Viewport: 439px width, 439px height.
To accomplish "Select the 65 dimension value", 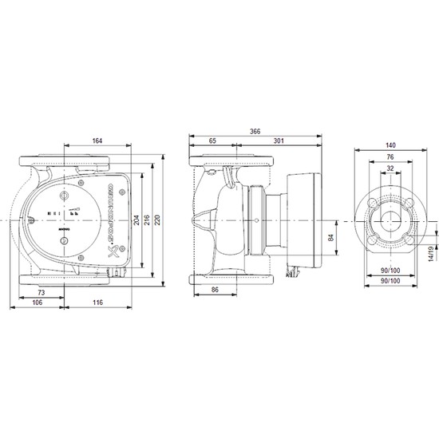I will (212, 142).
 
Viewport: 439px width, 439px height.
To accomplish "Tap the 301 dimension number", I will (279, 142).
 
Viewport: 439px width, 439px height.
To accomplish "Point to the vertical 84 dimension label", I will (330, 237).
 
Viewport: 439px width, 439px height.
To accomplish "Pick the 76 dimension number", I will (391, 157).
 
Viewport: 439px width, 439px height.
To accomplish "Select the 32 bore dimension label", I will (391, 169).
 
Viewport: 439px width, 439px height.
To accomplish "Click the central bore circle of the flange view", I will (391, 216).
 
